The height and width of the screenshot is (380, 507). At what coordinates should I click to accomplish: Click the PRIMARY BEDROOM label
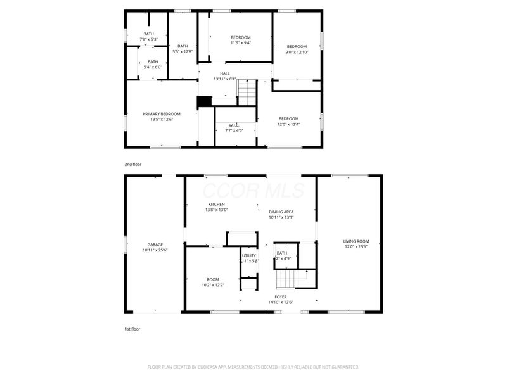point(161,114)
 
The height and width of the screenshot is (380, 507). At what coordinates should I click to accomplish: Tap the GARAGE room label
point(155,244)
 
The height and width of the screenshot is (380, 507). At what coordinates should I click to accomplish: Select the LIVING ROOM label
point(356,241)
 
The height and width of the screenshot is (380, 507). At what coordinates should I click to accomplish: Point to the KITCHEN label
point(216,204)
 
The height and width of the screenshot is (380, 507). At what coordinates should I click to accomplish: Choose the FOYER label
point(280,296)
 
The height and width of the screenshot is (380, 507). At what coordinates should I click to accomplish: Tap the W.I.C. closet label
point(236,125)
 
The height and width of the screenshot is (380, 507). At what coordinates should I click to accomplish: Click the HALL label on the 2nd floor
point(224,73)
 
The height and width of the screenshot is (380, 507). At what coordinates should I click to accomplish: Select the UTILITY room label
point(248,255)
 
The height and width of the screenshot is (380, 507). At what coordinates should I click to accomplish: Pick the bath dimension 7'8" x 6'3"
point(148,39)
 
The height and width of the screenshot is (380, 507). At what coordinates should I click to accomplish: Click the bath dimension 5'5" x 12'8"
point(183,51)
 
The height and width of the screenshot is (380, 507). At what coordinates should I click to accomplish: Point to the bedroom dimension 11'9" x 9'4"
point(240,43)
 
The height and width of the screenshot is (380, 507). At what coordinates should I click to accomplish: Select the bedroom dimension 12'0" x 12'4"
point(288,124)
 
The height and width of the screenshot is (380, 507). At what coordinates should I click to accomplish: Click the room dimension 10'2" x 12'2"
point(212,285)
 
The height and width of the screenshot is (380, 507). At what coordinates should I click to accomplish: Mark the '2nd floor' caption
point(133,164)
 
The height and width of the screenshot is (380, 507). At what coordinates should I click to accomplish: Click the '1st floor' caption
point(132,329)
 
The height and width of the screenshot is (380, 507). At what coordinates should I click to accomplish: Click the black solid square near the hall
point(204,102)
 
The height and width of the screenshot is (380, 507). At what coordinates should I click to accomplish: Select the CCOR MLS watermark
point(253,190)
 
